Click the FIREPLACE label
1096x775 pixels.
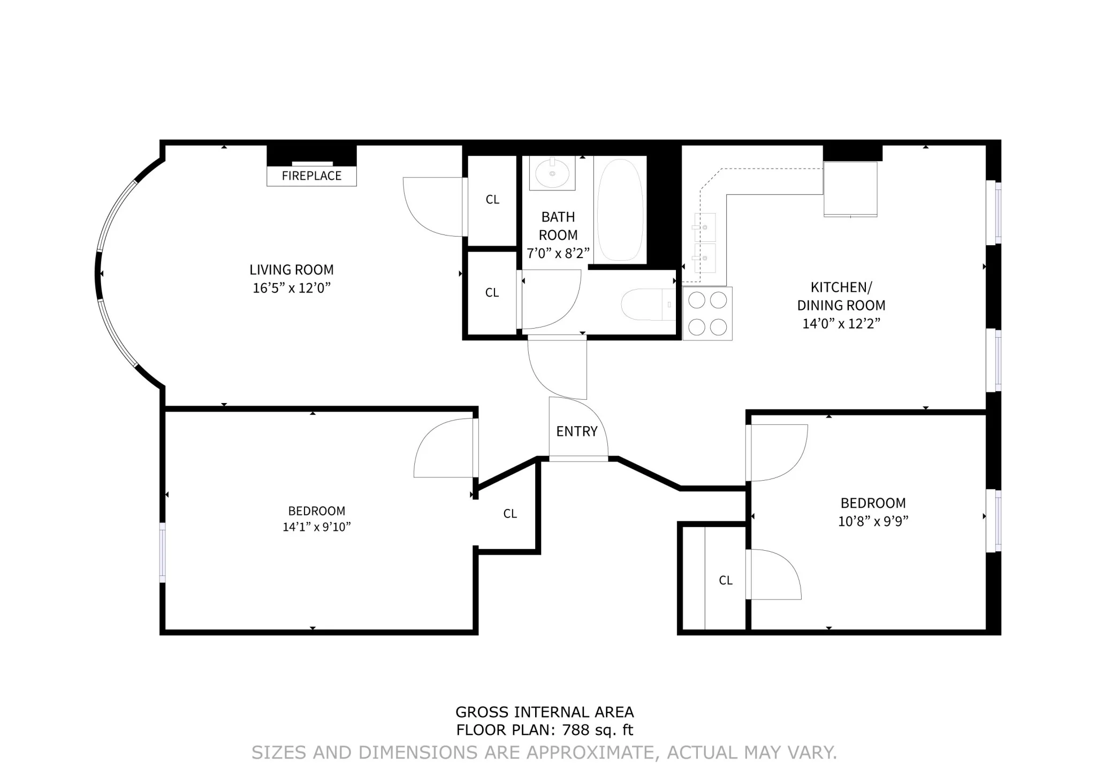pos(311,176)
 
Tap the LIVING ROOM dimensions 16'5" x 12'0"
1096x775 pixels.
pos(292,288)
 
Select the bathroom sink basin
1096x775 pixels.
pos(552,173)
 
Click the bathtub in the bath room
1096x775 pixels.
pos(620,210)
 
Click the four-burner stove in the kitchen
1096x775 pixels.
pos(707,314)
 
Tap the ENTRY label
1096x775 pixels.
pos(576,431)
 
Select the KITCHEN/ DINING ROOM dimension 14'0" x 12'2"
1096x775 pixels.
pos(841,323)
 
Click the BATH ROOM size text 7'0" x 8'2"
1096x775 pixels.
pos(558,253)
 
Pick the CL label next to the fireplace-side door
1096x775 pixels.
pos(492,200)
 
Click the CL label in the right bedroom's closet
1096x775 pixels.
pos(726,580)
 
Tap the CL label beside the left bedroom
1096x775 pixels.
pos(510,514)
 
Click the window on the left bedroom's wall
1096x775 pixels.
pos(163,552)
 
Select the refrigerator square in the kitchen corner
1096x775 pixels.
pos(850,189)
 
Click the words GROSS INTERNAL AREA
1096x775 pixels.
pos(544,712)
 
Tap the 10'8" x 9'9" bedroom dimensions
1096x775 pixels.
pos(873,521)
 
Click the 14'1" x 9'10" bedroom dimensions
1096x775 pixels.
pos(316,527)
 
